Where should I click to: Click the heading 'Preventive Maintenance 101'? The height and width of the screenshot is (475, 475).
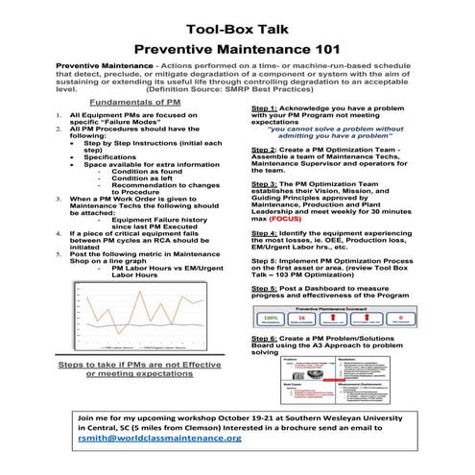pos(237,44)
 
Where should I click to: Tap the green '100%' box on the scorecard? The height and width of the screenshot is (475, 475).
pos(272,318)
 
